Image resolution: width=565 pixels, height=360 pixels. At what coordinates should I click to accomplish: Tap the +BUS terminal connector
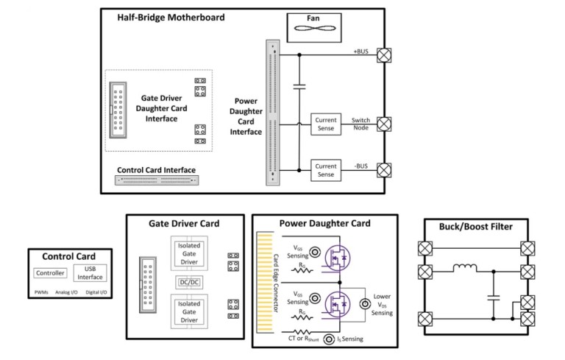pos(383,54)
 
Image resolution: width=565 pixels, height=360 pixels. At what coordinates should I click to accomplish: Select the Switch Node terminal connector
pos(383,123)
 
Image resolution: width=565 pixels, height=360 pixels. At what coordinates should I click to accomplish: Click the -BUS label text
pos(360,166)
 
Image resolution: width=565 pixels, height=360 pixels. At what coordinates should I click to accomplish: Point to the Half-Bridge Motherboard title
pos(170,17)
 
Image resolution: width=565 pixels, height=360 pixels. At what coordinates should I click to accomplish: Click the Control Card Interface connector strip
pos(157,179)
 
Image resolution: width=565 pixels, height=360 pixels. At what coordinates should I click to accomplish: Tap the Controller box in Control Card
pos(50,274)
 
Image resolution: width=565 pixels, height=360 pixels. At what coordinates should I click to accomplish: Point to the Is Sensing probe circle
pos(321,341)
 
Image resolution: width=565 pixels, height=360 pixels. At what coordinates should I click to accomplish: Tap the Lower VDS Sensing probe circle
pos(363,303)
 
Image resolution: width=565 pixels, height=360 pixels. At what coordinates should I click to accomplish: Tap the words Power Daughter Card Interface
pos(245,116)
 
